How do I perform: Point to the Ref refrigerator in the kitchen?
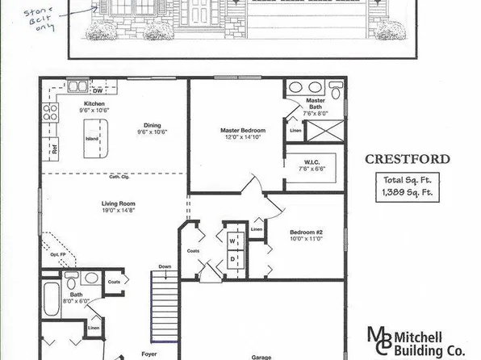click(54, 148)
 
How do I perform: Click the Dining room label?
click(153, 125)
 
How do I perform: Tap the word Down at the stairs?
click(165, 266)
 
